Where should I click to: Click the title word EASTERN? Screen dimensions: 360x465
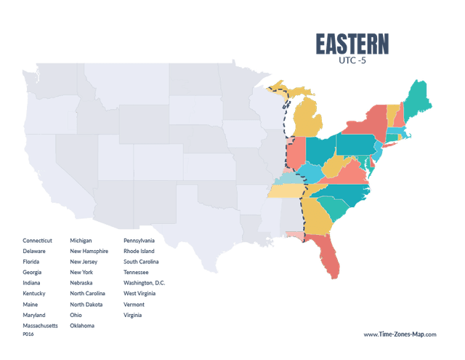click(x=352, y=44)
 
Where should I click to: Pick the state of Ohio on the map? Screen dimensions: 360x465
click(x=320, y=150)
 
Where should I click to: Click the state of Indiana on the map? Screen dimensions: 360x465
click(x=296, y=156)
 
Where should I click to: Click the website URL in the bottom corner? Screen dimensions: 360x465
click(x=400, y=334)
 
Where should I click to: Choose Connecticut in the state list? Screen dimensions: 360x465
click(x=37, y=240)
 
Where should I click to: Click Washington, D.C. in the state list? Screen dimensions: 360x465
click(x=144, y=282)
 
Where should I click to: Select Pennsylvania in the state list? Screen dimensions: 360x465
click(x=139, y=240)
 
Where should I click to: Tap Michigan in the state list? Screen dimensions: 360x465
click(x=81, y=240)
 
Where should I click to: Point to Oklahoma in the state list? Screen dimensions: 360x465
click(x=82, y=326)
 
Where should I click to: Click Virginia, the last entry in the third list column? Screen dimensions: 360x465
click(x=132, y=315)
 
